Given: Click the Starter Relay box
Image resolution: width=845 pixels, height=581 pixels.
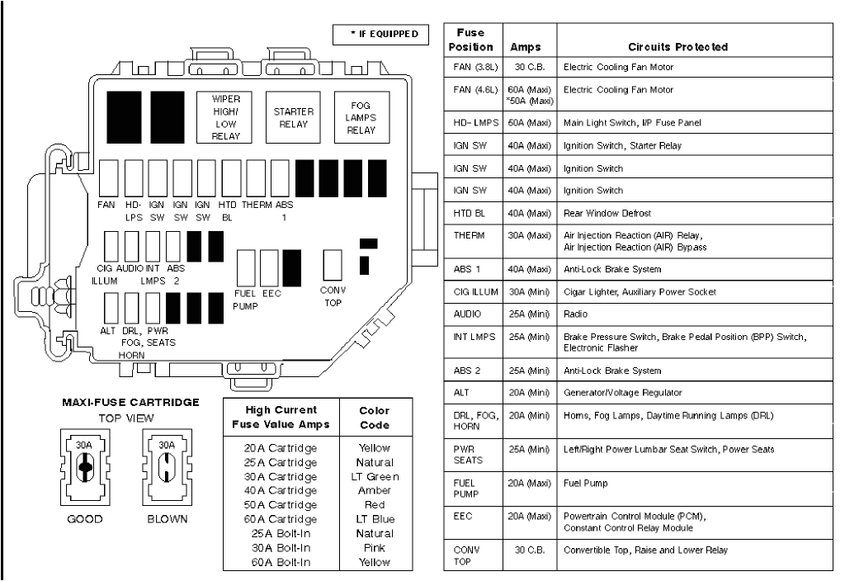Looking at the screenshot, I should click(291, 117).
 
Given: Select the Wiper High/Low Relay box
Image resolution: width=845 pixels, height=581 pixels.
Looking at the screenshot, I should click(225, 116).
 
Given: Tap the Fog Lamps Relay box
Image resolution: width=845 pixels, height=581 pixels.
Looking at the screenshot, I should click(361, 117).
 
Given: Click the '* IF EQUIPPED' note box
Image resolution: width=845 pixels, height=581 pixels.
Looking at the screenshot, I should click(380, 35).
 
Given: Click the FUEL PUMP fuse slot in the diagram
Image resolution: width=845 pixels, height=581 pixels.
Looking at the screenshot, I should click(246, 267).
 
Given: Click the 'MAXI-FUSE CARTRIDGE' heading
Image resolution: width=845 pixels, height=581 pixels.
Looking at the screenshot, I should click(130, 403).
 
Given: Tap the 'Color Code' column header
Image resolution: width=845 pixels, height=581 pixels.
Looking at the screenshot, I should click(374, 418).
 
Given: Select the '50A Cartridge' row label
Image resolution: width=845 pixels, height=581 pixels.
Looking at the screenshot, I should click(282, 504).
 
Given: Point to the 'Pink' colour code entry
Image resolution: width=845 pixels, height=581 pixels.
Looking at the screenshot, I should click(374, 547).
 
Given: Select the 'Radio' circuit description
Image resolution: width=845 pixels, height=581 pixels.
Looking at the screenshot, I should click(575, 314).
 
